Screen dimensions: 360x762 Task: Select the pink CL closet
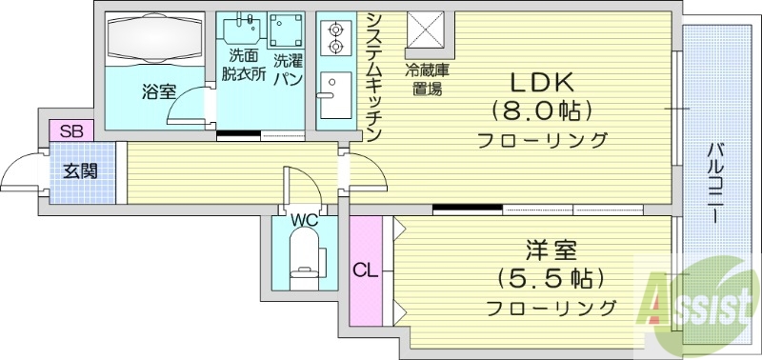366,270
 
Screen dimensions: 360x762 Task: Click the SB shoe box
70,131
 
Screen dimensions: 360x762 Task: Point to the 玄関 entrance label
81,171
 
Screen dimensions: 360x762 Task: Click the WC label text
304,220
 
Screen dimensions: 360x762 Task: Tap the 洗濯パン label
288,70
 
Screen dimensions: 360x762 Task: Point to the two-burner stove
335,36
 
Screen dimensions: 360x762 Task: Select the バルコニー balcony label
714,181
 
